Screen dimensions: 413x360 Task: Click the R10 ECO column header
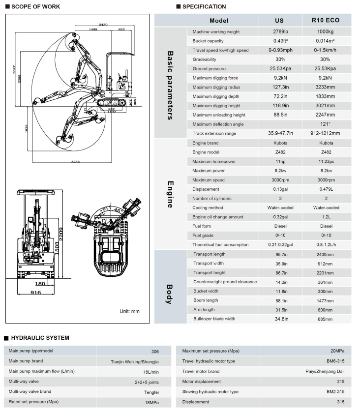[326, 21]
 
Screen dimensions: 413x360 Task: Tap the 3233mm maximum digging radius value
[326, 87]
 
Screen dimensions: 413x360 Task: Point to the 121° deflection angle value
[326, 124]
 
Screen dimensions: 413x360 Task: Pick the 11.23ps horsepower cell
[326, 162]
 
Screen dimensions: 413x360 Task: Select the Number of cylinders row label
[213, 199]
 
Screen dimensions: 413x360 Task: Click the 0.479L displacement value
[326, 189]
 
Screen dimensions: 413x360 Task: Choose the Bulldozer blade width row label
[213, 319]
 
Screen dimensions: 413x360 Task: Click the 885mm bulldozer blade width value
[326, 319]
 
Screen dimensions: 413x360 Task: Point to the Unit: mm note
[130, 311]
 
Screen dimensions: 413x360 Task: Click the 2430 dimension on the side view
[103, 24]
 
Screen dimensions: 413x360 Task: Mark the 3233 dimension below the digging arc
[75, 161]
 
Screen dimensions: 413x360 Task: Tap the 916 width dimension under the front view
[35, 293]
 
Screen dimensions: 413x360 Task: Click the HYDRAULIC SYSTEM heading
[39, 338]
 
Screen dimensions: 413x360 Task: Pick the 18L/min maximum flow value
[150, 371]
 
